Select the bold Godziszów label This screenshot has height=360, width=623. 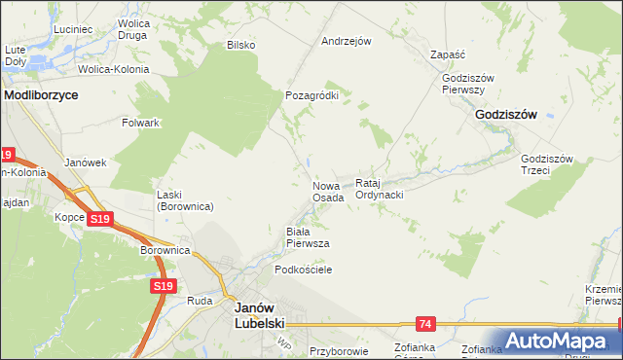pyautogui.click(x=506, y=114)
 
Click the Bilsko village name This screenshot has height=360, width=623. pyautogui.click(x=240, y=45)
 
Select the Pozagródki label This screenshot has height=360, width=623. pyautogui.click(x=311, y=95)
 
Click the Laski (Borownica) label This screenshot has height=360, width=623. pyautogui.click(x=185, y=200)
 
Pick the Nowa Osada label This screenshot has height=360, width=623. pyautogui.click(x=328, y=191)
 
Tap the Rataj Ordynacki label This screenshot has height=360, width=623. pyautogui.click(x=380, y=189)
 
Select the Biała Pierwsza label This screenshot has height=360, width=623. pyautogui.click(x=307, y=236)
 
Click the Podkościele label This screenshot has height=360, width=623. pyautogui.click(x=304, y=270)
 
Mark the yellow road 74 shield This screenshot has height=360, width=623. pyautogui.click(x=425, y=322)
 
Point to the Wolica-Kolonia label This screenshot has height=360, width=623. pyautogui.click(x=115, y=70)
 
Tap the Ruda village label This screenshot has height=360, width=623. pyautogui.click(x=200, y=301)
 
